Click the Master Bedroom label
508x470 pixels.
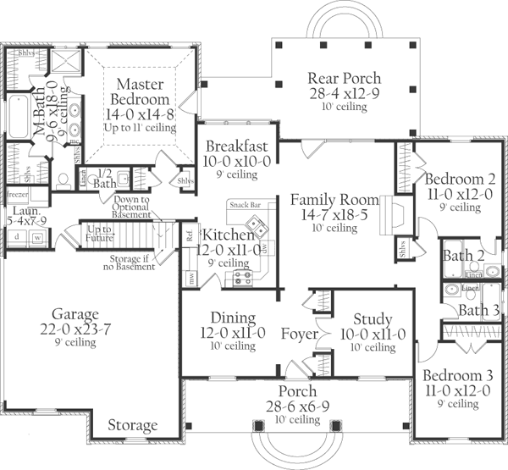[139, 91]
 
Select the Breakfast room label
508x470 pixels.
[236, 147]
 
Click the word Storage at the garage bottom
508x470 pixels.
[133, 425]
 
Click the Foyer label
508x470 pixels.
[300, 335]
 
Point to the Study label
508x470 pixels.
[373, 319]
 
